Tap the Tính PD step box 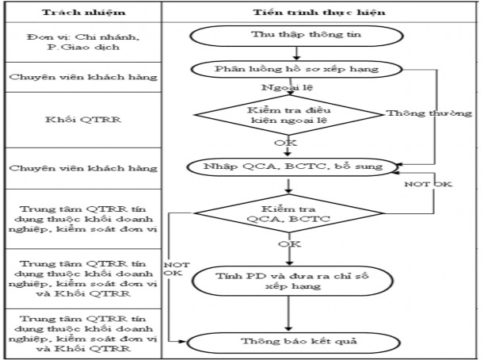[x=294, y=280]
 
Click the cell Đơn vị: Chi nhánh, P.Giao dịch [x=82, y=42]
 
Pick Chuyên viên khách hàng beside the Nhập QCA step [x=82, y=169]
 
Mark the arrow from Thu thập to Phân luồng [x=295, y=54]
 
